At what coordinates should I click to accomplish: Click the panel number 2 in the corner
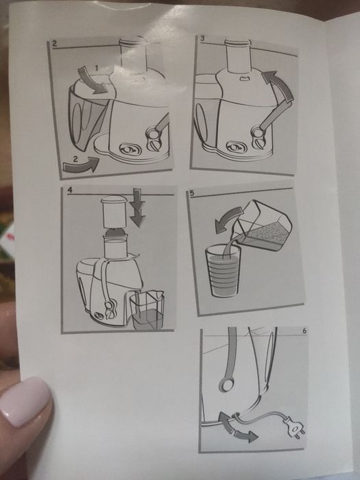(x=54, y=43)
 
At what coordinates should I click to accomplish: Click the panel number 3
(x=202, y=38)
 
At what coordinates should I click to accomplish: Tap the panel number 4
(x=70, y=190)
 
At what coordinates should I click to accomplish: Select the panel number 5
(x=192, y=193)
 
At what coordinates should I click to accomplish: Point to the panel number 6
(x=304, y=331)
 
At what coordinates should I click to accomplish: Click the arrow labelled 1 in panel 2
(x=92, y=82)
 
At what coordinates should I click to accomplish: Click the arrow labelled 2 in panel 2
(x=81, y=164)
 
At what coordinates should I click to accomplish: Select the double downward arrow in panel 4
(x=137, y=208)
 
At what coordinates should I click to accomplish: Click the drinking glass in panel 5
(x=223, y=272)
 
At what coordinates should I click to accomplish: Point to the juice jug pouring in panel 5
(x=263, y=226)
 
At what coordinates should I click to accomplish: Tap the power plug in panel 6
(x=295, y=428)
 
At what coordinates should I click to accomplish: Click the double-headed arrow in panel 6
(x=235, y=427)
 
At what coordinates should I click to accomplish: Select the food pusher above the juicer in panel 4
(x=114, y=211)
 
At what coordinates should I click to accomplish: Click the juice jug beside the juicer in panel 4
(x=147, y=310)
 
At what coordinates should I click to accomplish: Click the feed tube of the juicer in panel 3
(x=238, y=56)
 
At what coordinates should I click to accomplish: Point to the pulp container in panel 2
(x=87, y=118)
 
